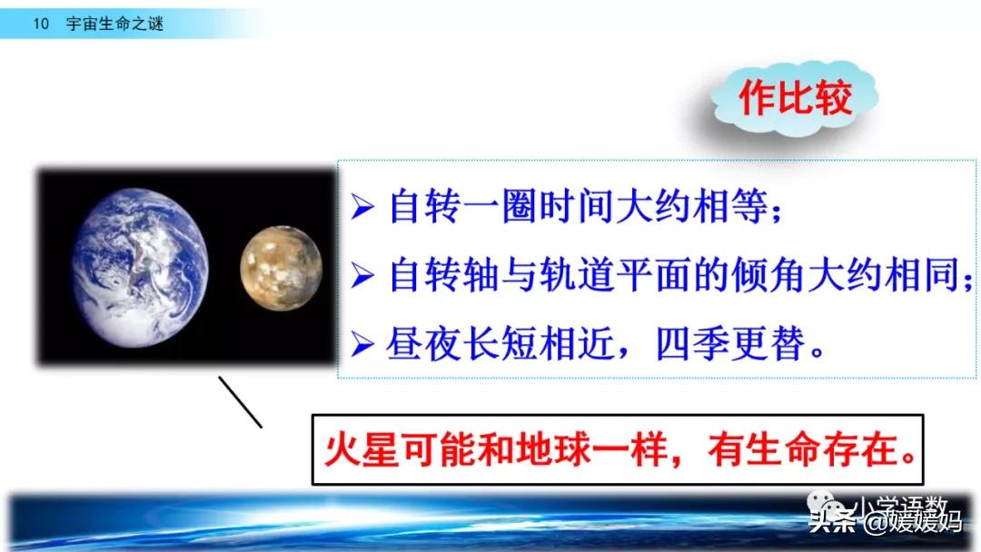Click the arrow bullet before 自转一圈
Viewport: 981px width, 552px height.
coord(364,207)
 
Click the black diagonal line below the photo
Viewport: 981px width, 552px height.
coord(240,402)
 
